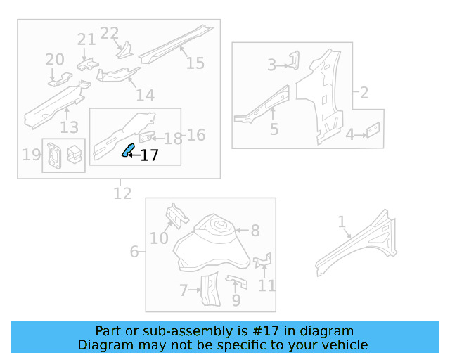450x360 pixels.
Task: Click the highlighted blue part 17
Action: coord(129,150)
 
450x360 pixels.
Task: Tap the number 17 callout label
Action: coord(149,156)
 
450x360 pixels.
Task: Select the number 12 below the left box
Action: coord(122,192)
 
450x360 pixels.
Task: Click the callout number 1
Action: coord(342,222)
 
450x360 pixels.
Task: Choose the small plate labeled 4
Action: coord(373,130)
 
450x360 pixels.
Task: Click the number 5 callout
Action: coord(274,129)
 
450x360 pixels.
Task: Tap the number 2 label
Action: coord(364,93)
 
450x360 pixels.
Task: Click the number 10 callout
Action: coord(159,238)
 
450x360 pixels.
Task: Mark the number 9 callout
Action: coord(236,300)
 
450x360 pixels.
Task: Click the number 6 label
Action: coord(134,252)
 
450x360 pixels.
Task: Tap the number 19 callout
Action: coord(32,155)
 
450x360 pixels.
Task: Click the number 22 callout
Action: coord(110,33)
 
